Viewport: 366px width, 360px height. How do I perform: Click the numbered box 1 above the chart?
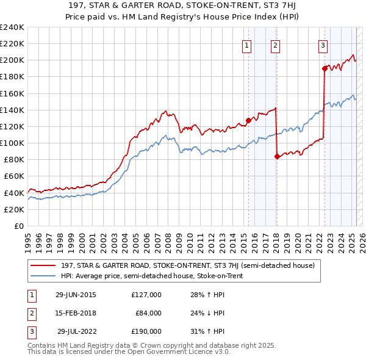(x=247, y=45)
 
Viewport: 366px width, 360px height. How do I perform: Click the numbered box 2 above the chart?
(x=276, y=45)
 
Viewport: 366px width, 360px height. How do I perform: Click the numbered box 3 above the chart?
(x=323, y=45)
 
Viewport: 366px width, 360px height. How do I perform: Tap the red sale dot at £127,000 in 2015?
(x=248, y=120)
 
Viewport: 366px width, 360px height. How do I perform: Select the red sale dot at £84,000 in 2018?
(x=277, y=156)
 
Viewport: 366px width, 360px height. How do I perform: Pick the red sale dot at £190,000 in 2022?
(x=325, y=68)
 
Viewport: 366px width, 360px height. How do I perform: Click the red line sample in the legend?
(x=43, y=266)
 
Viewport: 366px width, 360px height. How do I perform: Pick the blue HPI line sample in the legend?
(x=43, y=276)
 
